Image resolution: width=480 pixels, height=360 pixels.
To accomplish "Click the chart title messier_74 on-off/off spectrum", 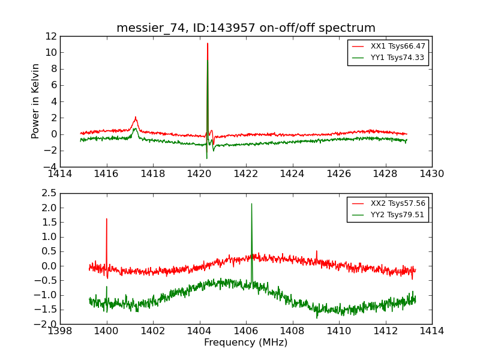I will tap(246, 28).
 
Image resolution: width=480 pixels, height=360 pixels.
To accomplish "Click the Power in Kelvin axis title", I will tap(36, 101).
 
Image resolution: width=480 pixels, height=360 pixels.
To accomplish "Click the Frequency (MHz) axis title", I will tap(246, 343).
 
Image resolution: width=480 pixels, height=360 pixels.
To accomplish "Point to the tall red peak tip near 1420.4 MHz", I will tap(208, 43).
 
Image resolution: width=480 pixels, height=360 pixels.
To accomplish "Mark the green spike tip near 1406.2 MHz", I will tap(251, 204).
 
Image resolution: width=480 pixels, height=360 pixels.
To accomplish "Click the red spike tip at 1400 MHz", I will tap(107, 218).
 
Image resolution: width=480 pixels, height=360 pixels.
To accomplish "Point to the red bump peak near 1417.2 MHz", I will tap(136, 117).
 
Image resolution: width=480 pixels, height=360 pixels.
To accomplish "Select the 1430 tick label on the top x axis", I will tap(431, 174).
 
